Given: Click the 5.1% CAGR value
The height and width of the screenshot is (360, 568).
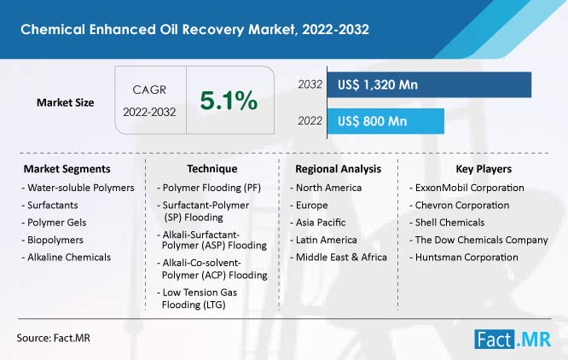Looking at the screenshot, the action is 229,101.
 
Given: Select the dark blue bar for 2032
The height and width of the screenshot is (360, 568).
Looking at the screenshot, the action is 429,84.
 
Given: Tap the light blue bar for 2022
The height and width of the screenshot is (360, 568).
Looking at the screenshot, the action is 385,121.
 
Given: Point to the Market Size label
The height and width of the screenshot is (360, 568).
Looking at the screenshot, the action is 65,102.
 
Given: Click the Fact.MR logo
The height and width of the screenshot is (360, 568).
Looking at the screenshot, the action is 513,340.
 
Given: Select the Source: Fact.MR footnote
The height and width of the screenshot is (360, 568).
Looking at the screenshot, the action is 53,338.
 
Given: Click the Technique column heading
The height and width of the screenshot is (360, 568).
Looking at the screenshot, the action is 212,169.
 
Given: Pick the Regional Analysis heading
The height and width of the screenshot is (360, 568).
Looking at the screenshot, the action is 338,169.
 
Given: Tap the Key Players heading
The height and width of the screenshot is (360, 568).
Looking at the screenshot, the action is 484,169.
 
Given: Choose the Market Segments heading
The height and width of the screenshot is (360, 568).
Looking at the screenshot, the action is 67,169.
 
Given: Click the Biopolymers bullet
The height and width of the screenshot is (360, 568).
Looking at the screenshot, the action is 53,240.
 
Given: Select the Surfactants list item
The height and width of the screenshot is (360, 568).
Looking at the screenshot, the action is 50,205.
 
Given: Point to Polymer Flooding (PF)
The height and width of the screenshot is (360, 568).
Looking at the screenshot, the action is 209,188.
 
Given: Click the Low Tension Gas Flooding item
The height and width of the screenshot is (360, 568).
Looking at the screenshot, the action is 197,299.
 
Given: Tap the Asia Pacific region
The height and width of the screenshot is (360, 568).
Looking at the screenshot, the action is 318,223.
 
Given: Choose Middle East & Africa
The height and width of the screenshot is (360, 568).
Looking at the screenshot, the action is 339,257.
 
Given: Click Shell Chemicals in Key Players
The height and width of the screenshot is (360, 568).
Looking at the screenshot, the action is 447,223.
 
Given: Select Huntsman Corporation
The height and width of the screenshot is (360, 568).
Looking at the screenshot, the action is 464,257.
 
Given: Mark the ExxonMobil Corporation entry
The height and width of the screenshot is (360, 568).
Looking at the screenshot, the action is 467,188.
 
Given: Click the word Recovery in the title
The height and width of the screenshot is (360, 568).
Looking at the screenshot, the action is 212,29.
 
